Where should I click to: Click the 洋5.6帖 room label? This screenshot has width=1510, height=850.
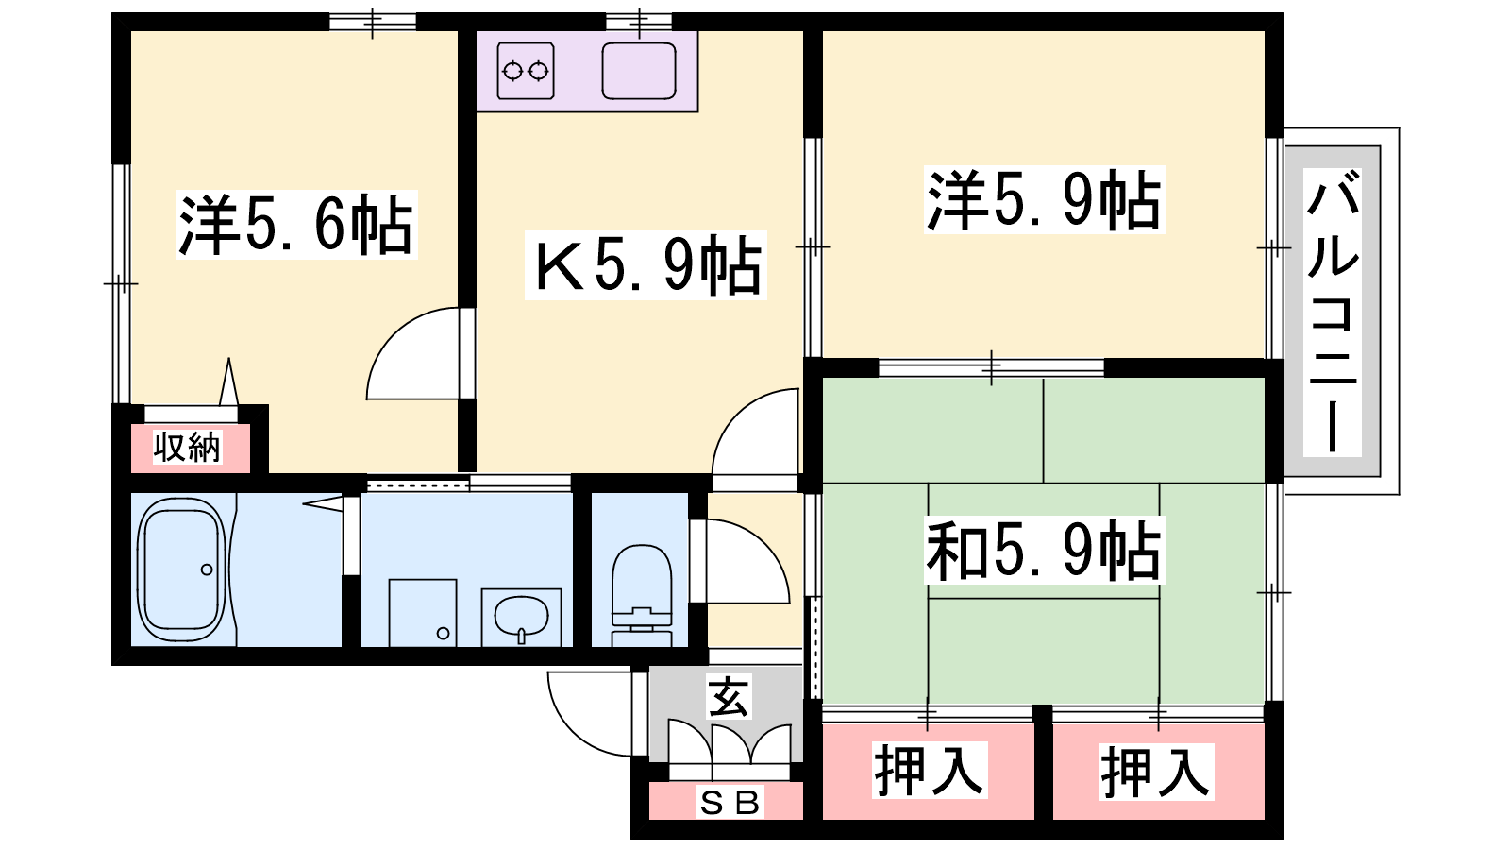click(x=296, y=225)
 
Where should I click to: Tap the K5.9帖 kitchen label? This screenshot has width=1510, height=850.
click(x=646, y=265)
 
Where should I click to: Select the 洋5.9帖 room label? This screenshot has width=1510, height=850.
click(x=1045, y=199)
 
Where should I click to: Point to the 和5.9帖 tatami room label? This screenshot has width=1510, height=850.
click(x=1045, y=551)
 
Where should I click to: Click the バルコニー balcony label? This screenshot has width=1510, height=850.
click(x=1333, y=313)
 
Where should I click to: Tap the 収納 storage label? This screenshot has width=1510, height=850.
click(x=187, y=448)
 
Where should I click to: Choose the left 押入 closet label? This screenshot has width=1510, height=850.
click(x=930, y=770)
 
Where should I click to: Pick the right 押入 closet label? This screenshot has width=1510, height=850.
click(x=1156, y=772)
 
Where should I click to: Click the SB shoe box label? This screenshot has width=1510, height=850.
click(x=730, y=803)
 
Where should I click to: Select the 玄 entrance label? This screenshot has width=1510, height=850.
click(x=730, y=698)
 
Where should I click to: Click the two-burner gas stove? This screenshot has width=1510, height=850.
click(x=526, y=71)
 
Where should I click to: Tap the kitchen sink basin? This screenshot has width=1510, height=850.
click(x=639, y=71)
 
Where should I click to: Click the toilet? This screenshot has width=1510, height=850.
click(x=642, y=595)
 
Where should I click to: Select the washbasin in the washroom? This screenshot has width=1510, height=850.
click(x=521, y=616)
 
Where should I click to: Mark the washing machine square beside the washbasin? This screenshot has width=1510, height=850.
click(x=423, y=613)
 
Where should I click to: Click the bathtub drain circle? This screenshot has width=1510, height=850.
click(x=207, y=570)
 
